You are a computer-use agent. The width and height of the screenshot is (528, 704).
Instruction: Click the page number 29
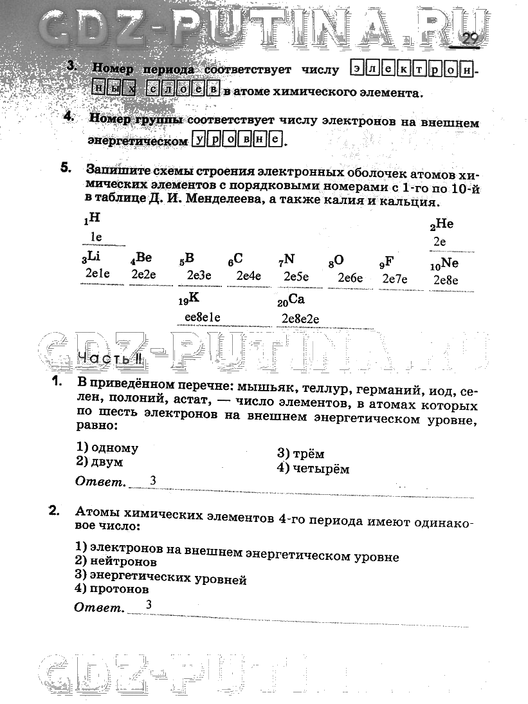point(470,39)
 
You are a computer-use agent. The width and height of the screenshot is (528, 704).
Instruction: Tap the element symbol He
point(444,224)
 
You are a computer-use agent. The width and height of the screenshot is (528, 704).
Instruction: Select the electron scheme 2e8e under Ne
point(445,279)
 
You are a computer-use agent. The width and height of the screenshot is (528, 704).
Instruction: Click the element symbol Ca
point(296,299)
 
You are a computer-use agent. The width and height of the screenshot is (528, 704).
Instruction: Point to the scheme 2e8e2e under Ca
point(301,319)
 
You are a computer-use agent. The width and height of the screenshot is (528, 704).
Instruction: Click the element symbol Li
point(93,257)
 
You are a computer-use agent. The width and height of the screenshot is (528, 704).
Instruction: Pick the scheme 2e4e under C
point(249,276)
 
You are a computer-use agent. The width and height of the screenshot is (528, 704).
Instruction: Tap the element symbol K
point(194,299)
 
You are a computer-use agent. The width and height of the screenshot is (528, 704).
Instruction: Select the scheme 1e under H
point(96,237)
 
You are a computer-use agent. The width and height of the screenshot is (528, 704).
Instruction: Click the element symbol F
point(389,261)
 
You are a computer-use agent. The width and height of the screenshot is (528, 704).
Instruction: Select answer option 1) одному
point(107,448)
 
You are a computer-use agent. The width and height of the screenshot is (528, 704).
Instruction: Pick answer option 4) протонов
point(111,589)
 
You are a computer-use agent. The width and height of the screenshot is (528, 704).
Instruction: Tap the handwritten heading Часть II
point(104,359)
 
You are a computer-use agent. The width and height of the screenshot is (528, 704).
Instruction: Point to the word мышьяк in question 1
point(260,389)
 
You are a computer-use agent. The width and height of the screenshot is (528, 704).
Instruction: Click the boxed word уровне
point(237,139)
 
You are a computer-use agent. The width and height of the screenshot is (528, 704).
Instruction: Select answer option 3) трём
point(300,454)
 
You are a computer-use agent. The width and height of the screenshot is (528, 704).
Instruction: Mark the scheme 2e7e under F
point(395,279)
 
